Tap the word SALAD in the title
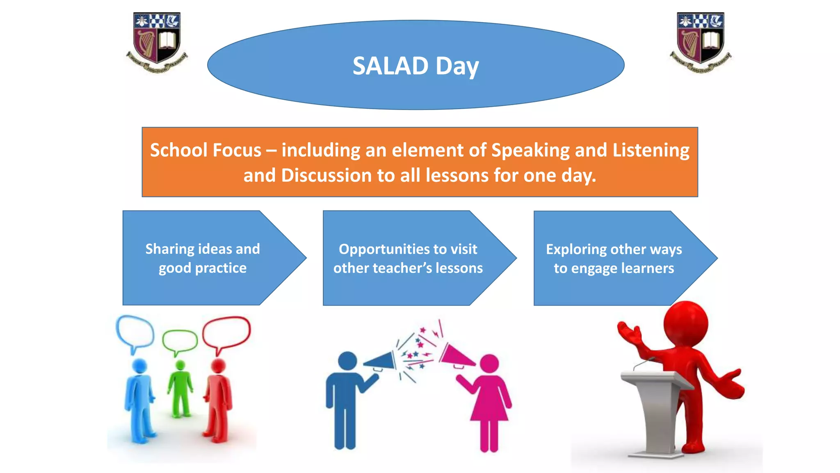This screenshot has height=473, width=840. coord(390,66)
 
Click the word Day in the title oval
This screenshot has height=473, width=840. coord(457,67)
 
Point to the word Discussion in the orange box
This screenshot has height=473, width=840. coord(326,176)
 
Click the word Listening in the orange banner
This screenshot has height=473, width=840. coord(651,150)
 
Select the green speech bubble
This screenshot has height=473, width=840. coord(180,340)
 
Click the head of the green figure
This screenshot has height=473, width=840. coord(180,365)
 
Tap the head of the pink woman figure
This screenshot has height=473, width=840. coord(489,364)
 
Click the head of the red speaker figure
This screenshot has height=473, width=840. coord(685,324)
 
